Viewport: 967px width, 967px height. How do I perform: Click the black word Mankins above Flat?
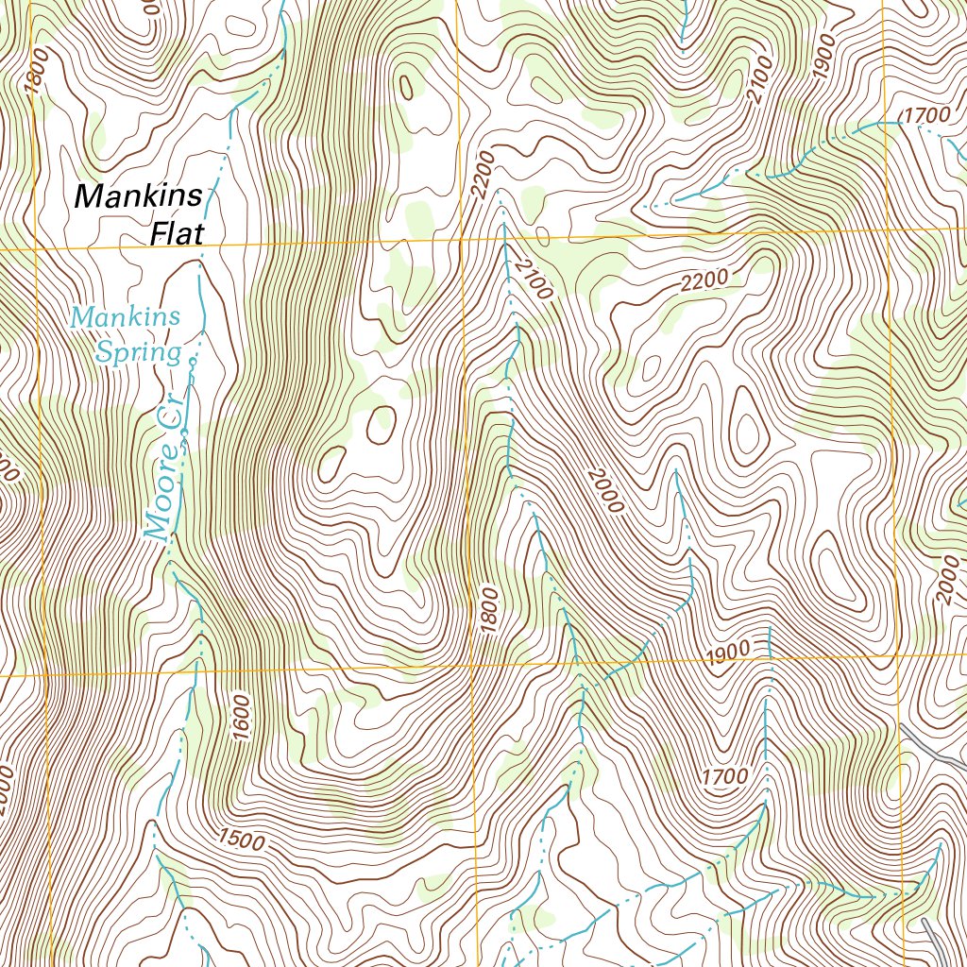pos(138,195)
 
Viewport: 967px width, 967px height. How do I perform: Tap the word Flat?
pos(176,232)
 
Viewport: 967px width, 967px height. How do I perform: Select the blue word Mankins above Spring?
pos(126,317)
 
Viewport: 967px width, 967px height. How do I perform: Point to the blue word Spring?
pos(138,353)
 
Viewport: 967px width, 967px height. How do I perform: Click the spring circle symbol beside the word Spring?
pos(192,362)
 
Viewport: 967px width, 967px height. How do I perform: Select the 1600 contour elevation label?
pos(241,718)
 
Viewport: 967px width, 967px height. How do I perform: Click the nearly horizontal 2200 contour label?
pos(704,281)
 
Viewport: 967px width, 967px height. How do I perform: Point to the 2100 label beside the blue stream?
pos(533,278)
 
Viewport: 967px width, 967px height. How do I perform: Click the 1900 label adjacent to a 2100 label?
pos(823,59)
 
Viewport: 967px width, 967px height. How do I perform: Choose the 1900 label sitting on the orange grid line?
pos(726,651)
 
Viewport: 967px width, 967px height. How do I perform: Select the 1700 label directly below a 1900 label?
pos(725,776)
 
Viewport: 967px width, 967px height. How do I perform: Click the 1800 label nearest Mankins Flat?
pos(35,73)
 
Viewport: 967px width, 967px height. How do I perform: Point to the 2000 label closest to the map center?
pos(603,490)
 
